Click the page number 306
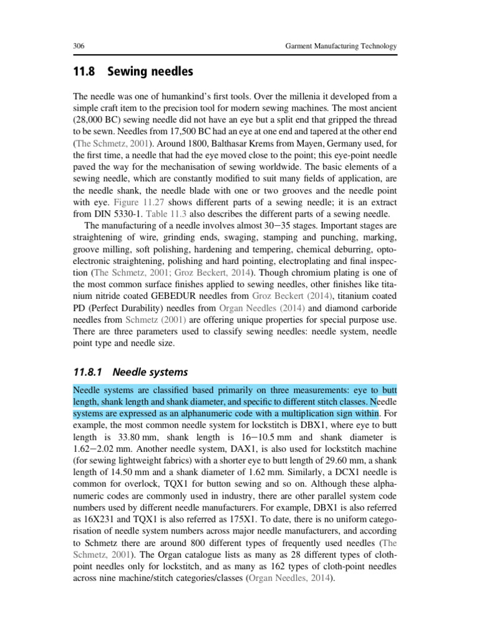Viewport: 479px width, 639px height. [x=79, y=47]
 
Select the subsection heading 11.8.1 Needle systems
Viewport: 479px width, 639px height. [x=130, y=373]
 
